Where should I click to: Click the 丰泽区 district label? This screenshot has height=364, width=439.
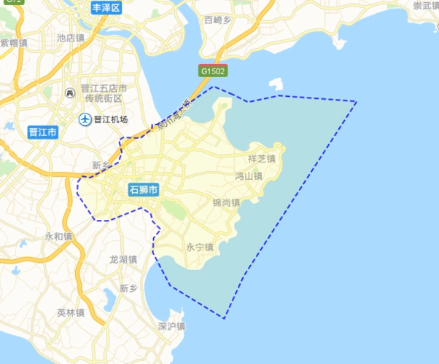(x=108, y=8)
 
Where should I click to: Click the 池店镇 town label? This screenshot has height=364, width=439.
(x=71, y=37)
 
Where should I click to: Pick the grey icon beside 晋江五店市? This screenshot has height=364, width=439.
(x=70, y=92)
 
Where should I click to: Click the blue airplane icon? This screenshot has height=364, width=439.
(x=85, y=119)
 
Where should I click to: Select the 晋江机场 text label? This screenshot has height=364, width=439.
(x=111, y=119)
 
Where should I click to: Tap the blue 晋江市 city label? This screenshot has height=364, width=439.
(x=43, y=132)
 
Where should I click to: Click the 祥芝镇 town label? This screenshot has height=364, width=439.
(x=261, y=158)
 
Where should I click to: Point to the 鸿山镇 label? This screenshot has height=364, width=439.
(x=248, y=176)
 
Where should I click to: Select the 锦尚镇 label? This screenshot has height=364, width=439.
(x=226, y=202)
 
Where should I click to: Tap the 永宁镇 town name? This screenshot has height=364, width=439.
(x=199, y=247)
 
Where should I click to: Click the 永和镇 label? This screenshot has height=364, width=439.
(x=58, y=237)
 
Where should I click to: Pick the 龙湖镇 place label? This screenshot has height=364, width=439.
(x=123, y=259)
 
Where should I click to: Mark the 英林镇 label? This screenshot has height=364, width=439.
(x=71, y=313)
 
